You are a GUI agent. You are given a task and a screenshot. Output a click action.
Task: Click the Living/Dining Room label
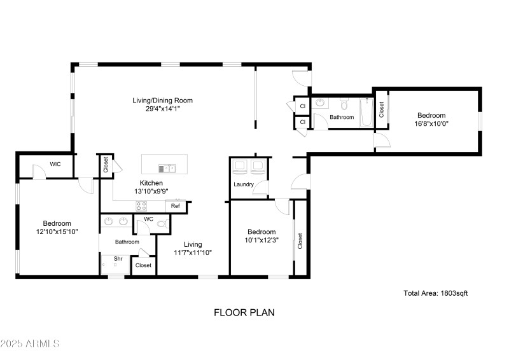tap(162, 100)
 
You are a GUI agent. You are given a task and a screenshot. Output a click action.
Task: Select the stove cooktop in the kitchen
tap(141, 205)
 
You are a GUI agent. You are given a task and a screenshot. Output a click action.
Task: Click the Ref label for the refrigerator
tap(176, 206)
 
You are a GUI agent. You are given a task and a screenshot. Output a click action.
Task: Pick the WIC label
tap(55, 164)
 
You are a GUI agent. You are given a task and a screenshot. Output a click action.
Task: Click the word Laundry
tap(244, 185)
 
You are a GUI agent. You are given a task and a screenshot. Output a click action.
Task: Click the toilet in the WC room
tap(162, 223)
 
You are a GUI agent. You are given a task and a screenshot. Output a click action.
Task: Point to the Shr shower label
tap(118, 259)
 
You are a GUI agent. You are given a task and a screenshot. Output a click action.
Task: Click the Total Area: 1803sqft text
tap(436, 293)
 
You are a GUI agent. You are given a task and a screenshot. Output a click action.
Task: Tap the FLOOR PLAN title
tap(244, 312)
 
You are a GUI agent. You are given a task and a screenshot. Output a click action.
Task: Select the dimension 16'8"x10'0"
tap(431, 123)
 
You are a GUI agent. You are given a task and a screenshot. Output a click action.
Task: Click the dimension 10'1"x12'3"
tap(261, 240)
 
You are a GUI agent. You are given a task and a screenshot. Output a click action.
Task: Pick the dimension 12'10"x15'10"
tap(57, 232)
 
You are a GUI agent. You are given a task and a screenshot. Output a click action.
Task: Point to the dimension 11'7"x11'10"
tap(193, 253)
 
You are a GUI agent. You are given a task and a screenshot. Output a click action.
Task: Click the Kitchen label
tap(151, 183)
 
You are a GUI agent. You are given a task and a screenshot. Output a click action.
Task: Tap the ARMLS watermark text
tap(31, 344)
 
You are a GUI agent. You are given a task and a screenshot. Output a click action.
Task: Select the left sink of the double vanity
tap(108, 222)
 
